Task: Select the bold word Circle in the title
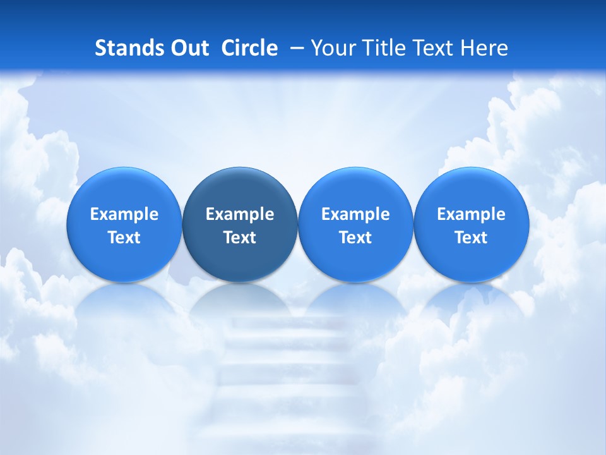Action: coord(249,48)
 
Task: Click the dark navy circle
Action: coord(240,224)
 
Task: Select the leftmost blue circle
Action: coord(124,224)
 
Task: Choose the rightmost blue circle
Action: coord(472,224)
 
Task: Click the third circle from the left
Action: coord(355,224)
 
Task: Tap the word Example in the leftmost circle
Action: coord(124,214)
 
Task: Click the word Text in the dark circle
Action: coord(240,238)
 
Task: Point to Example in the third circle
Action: coord(355,214)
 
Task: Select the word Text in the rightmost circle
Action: coord(472,238)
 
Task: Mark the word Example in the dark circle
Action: coord(240,214)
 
